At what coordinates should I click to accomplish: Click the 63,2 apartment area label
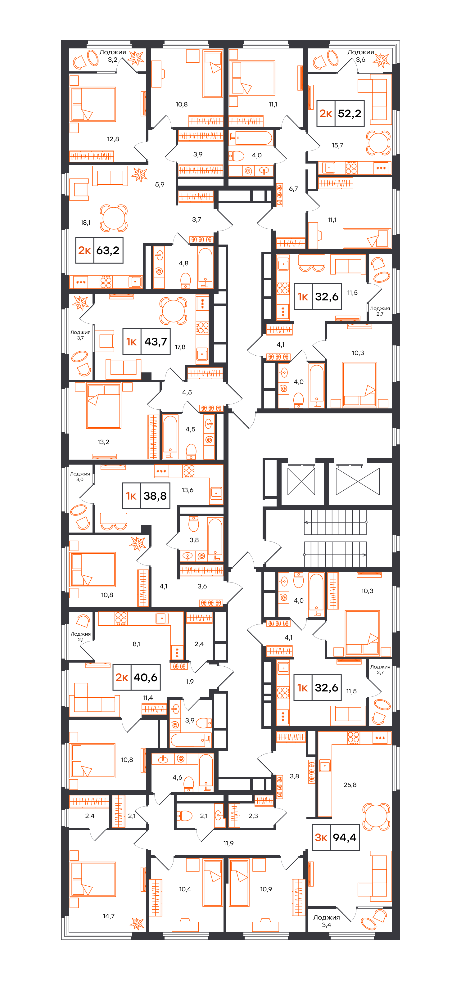point(108,250)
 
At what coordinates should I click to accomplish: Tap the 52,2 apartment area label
point(349,114)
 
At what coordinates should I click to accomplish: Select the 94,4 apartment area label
point(344,837)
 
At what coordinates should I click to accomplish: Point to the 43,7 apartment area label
point(156,342)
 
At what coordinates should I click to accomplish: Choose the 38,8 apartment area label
point(155,496)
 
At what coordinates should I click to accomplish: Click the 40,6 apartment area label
point(145,677)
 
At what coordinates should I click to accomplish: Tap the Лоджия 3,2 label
point(112,56)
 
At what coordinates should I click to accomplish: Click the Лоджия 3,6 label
point(360,56)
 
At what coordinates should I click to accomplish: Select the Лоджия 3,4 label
point(327,921)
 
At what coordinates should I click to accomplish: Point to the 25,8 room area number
point(350,785)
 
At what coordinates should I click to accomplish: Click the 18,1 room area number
point(85,223)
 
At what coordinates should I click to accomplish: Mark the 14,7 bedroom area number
point(109,916)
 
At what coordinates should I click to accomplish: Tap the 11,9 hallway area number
point(228,843)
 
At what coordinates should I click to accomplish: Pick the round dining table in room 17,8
point(173,311)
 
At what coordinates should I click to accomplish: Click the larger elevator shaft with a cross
point(358,481)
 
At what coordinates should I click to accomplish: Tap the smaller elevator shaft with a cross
point(301,481)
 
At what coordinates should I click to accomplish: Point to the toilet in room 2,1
point(185,816)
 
